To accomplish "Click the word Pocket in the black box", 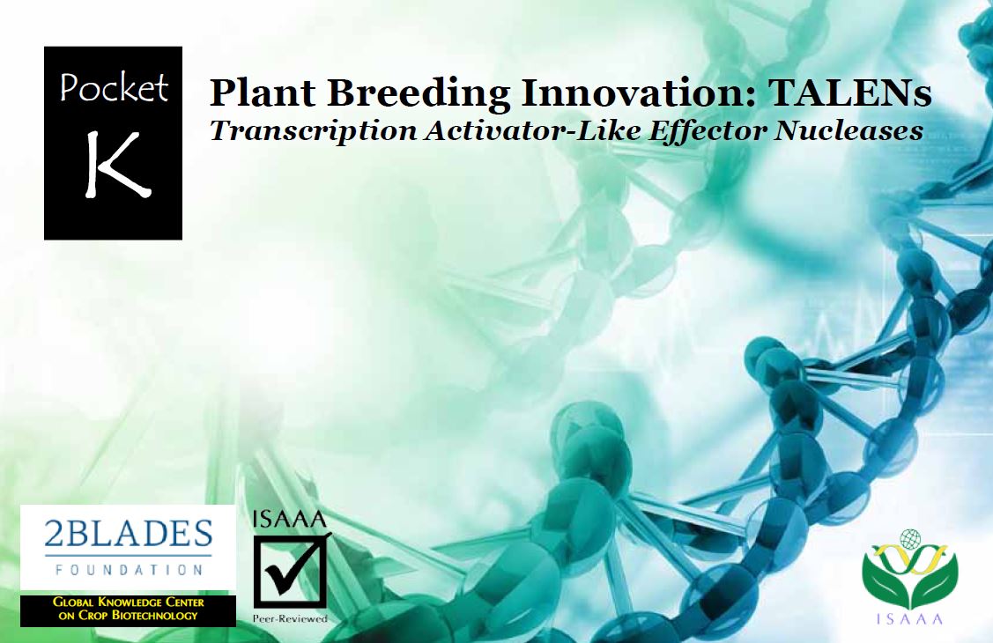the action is [114, 87].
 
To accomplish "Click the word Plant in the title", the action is [263, 93].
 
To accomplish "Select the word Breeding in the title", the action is [419, 93].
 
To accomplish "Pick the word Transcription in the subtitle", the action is [314, 131].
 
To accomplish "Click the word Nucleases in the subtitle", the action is [849, 130].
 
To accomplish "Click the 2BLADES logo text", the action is [128, 534].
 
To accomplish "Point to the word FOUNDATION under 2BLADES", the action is [129, 570].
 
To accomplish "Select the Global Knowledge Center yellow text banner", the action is [128, 609].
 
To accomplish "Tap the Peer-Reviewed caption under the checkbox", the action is [290, 618].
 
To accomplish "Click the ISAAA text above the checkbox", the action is [289, 520].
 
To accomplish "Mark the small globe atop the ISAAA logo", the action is [910, 539].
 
